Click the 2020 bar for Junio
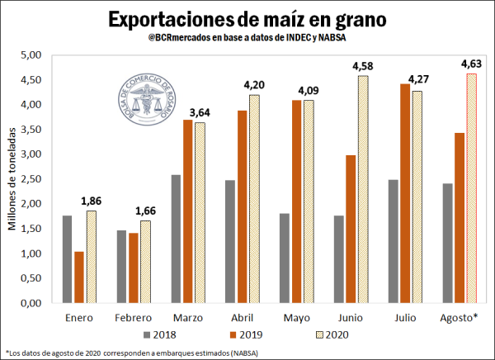(x=362, y=189)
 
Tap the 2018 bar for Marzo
(x=172, y=239)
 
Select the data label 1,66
(x=146, y=211)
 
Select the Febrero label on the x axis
(x=132, y=317)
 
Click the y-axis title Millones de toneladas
(x=12, y=179)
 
